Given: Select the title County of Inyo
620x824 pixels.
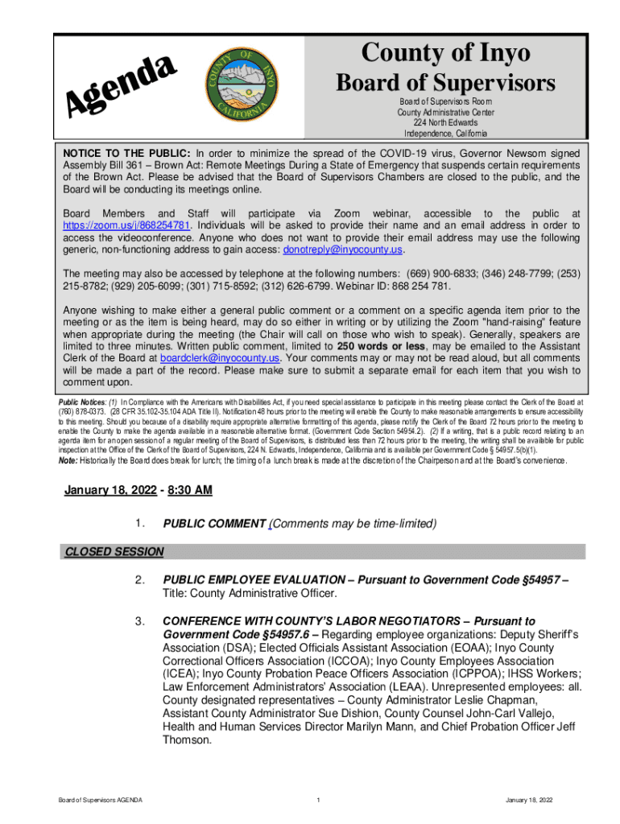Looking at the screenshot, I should tap(445, 53).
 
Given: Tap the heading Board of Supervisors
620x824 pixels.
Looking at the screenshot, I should tap(445, 83).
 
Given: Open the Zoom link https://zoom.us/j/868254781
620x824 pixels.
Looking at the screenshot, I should tap(126, 225).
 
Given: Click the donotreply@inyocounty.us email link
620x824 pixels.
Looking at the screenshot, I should tap(342, 249).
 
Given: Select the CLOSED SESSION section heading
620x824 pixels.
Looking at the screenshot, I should tap(114, 552).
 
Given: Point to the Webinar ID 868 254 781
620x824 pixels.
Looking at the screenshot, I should tap(407, 286).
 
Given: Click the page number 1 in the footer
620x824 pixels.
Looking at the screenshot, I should tap(320, 800).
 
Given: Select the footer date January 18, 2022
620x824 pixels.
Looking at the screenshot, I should tap(529, 800).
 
